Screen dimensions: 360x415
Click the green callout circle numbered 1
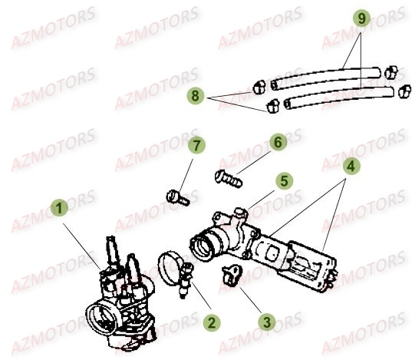(x=59, y=207)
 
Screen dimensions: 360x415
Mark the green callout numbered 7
(x=196, y=145)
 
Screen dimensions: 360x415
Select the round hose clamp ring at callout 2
(x=175, y=269)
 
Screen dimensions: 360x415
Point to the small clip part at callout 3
(x=229, y=272)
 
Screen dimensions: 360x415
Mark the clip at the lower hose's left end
(x=272, y=105)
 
